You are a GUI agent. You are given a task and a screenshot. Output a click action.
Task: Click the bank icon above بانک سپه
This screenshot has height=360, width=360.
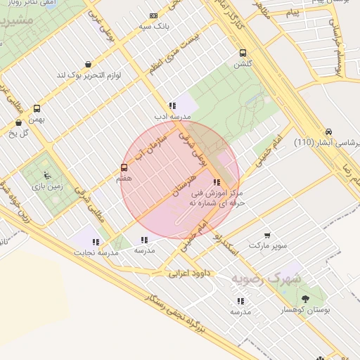point(154,15)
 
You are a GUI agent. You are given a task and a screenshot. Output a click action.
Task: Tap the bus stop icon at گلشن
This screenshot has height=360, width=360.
point(243,53)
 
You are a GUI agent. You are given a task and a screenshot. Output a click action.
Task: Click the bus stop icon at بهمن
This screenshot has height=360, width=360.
point(37,108)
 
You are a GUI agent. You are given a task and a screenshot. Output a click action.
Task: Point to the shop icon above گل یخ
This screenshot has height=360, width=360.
point(18,122)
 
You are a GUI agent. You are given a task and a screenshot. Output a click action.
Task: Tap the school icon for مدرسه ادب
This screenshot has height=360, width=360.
point(172,105)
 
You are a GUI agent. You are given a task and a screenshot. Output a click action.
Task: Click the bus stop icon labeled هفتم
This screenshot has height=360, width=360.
point(124,167)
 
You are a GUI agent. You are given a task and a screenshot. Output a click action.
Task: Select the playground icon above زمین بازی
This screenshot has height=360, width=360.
point(46,175)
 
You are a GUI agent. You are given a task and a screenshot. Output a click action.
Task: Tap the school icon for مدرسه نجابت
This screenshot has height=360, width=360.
point(96,242)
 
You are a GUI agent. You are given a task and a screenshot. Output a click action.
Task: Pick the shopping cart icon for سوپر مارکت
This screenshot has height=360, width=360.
point(267,236)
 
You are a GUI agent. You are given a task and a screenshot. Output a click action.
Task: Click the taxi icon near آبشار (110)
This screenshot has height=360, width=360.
point(328,131)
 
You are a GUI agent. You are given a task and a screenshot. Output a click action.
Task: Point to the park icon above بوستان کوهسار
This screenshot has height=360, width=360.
point(304,299)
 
